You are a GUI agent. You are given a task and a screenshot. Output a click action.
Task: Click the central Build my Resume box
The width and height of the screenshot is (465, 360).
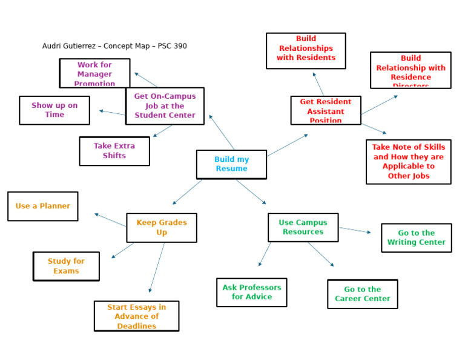231,164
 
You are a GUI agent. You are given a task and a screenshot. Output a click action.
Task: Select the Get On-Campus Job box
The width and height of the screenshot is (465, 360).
165,106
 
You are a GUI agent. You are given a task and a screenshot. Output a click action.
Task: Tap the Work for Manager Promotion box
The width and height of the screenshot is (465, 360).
94,73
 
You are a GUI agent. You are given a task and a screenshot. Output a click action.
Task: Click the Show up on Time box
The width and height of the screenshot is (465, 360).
54,110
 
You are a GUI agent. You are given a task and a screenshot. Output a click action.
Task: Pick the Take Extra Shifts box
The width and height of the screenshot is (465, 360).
114,151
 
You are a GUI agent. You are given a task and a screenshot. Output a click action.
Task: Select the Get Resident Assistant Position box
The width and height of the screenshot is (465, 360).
326,110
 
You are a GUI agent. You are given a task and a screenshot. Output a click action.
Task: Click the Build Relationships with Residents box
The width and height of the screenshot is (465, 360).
306,50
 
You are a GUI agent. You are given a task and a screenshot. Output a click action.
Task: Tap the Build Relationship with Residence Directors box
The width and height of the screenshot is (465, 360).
411,70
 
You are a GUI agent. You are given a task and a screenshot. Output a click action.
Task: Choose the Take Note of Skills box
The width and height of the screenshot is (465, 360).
408,162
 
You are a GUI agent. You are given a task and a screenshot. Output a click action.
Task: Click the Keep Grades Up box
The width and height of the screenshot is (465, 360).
162,227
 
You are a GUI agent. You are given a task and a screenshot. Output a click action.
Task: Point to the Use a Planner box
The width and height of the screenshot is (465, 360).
42,206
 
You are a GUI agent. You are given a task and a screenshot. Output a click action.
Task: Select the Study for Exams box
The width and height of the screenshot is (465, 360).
66,266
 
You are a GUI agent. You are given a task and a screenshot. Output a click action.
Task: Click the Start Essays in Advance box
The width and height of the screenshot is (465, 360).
136,316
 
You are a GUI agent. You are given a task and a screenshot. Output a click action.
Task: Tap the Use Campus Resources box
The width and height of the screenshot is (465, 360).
303,227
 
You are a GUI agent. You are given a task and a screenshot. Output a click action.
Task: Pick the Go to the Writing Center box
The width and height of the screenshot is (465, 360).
416,238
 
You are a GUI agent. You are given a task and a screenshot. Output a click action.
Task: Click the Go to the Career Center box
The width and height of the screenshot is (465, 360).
363,294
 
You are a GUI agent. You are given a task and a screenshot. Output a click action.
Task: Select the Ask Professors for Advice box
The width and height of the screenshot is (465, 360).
251,292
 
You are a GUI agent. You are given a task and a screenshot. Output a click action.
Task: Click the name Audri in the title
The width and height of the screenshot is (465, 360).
52,46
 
